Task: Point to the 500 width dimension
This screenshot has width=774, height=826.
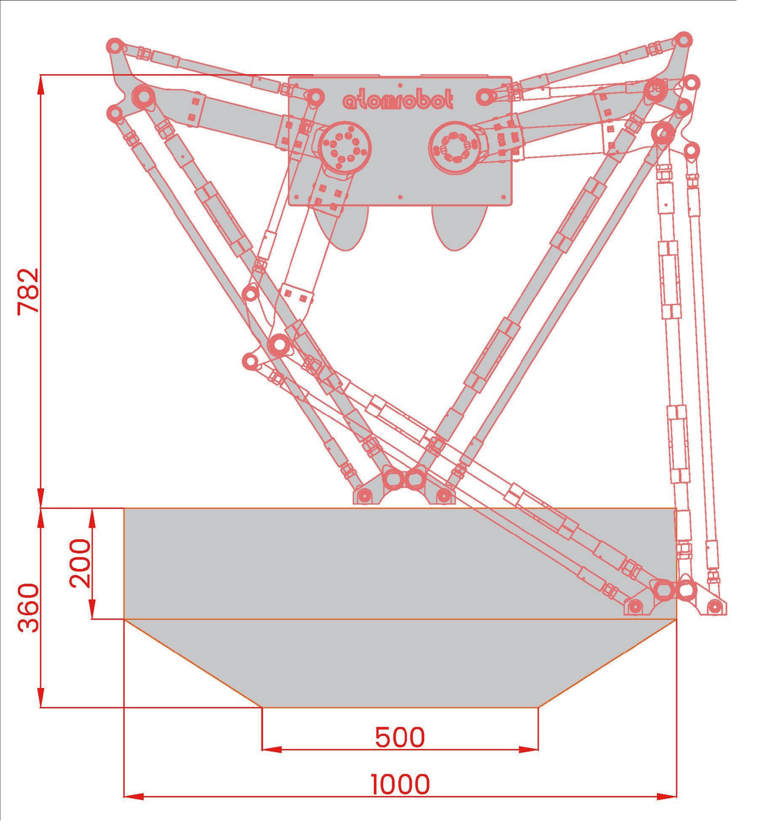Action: click(x=399, y=737)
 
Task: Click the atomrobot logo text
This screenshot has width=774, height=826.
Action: click(x=398, y=100)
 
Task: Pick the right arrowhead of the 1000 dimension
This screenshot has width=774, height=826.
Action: click(x=667, y=796)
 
